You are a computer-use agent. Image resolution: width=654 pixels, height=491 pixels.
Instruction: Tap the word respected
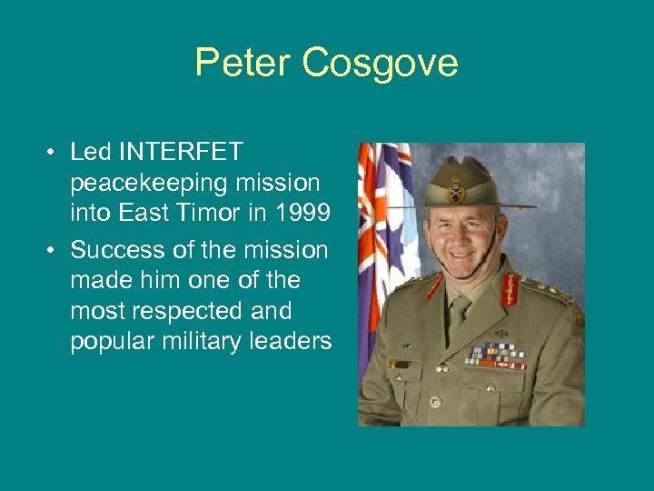(186, 311)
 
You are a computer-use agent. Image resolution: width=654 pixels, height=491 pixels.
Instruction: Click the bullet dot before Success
(54, 249)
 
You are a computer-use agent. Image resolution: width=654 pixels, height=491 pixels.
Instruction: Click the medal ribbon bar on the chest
(495, 355)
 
